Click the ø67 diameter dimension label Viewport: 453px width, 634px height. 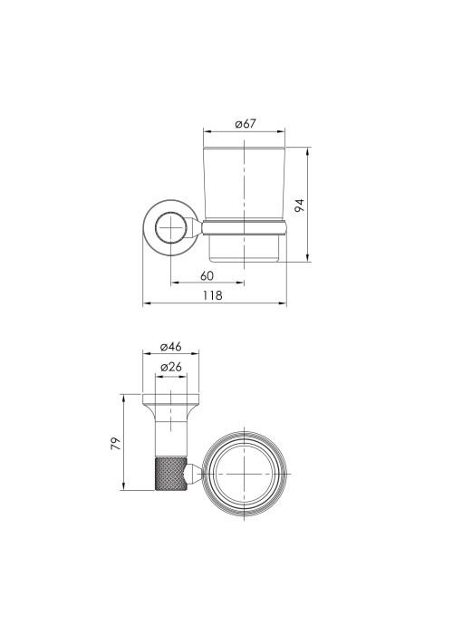click(x=246, y=123)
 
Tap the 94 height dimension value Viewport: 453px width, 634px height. click(x=299, y=206)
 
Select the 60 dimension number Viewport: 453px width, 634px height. click(x=207, y=275)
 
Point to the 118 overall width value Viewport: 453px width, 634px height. click(x=213, y=295)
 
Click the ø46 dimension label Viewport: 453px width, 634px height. click(x=170, y=347)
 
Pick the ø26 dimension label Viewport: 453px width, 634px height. click(x=171, y=367)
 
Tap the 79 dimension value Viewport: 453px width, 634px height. click(x=115, y=444)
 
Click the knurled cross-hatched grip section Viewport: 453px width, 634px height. click(x=170, y=474)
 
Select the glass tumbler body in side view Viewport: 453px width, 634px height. click(x=245, y=184)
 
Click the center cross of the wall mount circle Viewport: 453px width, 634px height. click(x=171, y=227)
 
